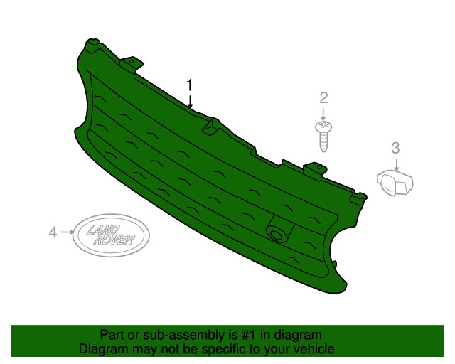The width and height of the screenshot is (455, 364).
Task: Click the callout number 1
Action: coord(190,85)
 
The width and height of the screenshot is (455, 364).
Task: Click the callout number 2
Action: coord(323,97)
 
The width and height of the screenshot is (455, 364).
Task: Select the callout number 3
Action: coord(396,148)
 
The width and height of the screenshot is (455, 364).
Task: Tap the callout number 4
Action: coord(52,232)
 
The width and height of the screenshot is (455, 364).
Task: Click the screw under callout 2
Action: coord(323,134)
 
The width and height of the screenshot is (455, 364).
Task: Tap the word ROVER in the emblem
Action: coord(116,240)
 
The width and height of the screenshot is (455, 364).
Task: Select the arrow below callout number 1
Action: coord(190,101)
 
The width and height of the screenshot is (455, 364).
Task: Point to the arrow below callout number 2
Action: coord(323,113)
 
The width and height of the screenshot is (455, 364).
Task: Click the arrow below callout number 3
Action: coord(396,164)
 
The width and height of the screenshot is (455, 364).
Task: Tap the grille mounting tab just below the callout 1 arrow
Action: coord(210,125)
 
